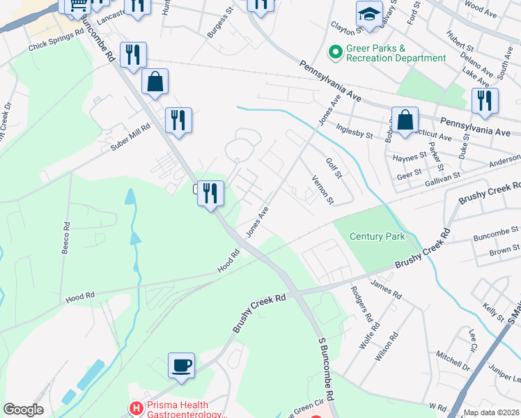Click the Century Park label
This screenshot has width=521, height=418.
pos(377,237)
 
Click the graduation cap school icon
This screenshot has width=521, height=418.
pos(368,13)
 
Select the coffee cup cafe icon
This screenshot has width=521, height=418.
pos(181,364)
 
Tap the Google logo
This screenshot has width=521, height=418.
pos(23,410)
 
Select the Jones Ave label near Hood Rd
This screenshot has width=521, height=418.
pos(256,220)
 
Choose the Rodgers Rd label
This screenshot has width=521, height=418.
pos(361,304)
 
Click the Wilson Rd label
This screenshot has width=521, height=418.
pos(385,346)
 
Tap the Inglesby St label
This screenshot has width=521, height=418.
pos(355,131)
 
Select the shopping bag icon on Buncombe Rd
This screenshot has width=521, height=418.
pos(155,81)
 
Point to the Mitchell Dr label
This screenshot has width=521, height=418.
pos(453,359)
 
